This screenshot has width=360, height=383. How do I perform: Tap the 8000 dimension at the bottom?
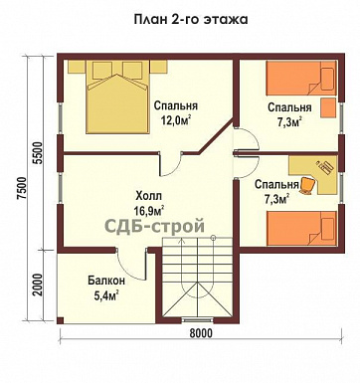(201, 334)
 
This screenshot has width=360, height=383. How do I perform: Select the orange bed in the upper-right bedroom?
(303, 81)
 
